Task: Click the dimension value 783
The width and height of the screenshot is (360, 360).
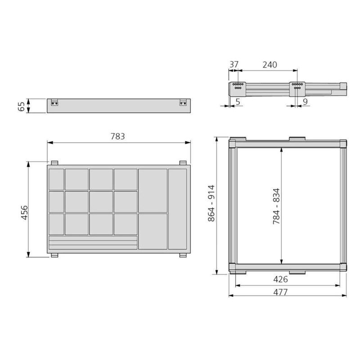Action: (x=118, y=136)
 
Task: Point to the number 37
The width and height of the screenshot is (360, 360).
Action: (x=234, y=64)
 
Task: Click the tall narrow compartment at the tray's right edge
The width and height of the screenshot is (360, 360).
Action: (x=177, y=209)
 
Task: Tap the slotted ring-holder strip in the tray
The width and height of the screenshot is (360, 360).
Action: (x=92, y=243)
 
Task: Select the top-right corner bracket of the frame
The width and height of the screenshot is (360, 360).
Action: (x=342, y=144)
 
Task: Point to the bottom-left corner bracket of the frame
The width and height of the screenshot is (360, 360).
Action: (x=234, y=268)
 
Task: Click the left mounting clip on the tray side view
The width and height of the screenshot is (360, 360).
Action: (x=55, y=103)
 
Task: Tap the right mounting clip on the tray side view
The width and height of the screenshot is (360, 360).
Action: (x=183, y=103)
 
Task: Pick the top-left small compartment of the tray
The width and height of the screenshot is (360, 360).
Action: (x=56, y=179)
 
